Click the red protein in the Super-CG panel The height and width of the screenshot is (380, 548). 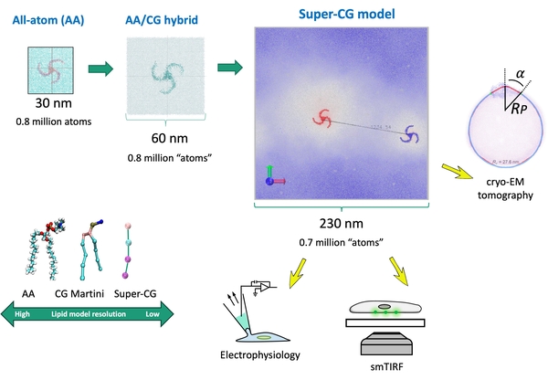(x=321, y=117)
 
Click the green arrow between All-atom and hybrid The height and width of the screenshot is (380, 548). (x=101, y=69)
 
